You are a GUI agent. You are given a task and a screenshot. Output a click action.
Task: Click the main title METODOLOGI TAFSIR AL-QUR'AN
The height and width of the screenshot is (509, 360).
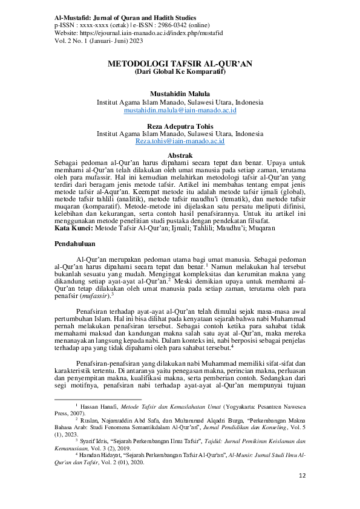click(x=180, y=63)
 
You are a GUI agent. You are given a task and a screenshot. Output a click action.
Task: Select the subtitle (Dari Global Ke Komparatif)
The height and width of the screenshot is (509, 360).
click(x=180, y=72)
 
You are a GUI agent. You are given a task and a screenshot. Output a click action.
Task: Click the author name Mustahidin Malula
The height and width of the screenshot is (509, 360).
click(x=180, y=94)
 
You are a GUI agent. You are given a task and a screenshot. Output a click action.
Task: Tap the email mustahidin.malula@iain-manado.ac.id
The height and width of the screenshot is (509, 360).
click(x=180, y=111)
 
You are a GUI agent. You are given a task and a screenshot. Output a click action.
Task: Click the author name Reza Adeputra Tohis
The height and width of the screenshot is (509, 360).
click(x=180, y=126)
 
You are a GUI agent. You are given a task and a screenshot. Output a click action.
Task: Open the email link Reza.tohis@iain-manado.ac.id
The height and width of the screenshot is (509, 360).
click(x=180, y=141)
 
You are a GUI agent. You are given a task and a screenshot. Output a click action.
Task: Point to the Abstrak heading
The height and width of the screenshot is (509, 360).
click(x=180, y=156)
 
